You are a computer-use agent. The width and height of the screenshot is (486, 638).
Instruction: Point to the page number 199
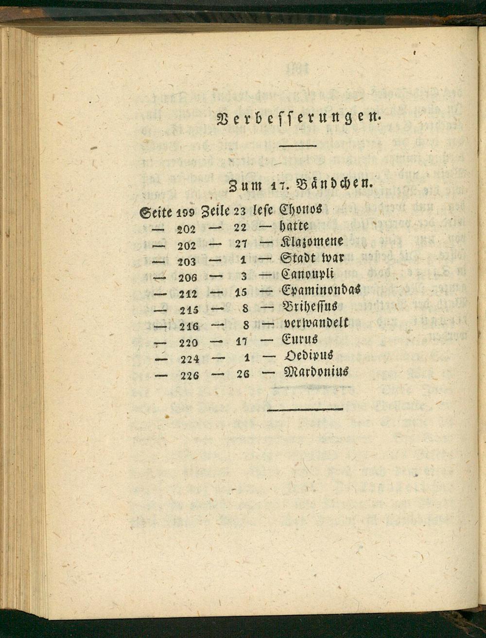click(186, 212)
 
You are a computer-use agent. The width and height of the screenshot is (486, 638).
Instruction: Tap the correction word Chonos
click(301, 210)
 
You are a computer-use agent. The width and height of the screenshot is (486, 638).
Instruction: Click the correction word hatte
click(294, 226)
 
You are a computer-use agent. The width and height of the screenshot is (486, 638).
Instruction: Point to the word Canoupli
click(308, 274)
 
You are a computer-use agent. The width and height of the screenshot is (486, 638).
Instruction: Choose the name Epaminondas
click(321, 290)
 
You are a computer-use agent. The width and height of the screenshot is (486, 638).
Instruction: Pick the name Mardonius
click(316, 372)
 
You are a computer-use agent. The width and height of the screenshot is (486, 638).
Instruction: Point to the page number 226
click(189, 375)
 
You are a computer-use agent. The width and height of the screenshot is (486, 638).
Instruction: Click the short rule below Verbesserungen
click(298, 145)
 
